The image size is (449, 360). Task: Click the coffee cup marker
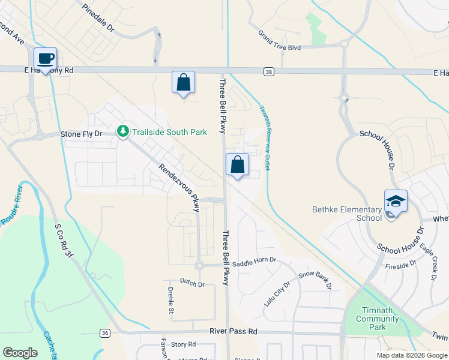pyautogui.click(x=45, y=59)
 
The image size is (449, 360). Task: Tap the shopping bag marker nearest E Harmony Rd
pyautogui.click(x=183, y=82)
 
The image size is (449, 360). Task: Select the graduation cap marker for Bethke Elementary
pyautogui.click(x=396, y=201)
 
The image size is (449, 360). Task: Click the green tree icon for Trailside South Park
pyautogui.click(x=123, y=131)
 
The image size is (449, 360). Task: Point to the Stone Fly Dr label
pyautogui.click(x=82, y=134)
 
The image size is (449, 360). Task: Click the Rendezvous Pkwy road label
pyautogui.click(x=179, y=188)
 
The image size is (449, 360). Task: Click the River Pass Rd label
pyautogui.click(x=234, y=331)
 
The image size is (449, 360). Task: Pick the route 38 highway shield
pyautogui.click(x=268, y=72)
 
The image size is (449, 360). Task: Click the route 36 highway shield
pyautogui.click(x=105, y=333)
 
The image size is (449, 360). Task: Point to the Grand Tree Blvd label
pyautogui.click(x=279, y=41)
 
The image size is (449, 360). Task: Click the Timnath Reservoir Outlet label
pyautogui.click(x=264, y=136)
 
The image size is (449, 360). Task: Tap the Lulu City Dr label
pyautogui.click(x=277, y=293)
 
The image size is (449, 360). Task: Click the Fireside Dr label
pyautogui.click(x=401, y=265)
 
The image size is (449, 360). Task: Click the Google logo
pyautogui.click(x=20, y=353)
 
